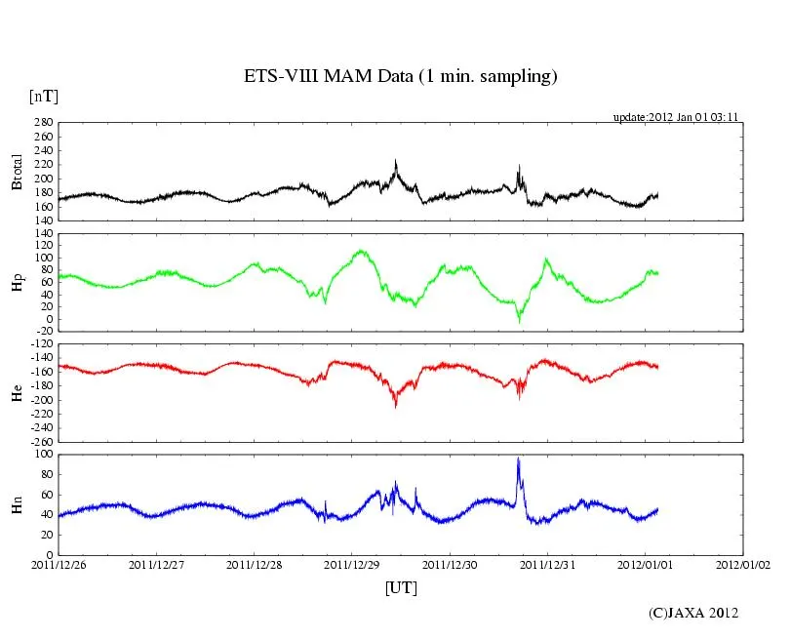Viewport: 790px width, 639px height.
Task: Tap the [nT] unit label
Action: tap(43, 97)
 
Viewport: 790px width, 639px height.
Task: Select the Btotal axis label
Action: tap(18, 172)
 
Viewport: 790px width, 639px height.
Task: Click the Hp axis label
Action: tap(18, 282)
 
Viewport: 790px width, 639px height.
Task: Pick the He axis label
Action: tap(18, 391)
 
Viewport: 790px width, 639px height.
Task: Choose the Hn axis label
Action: tap(18, 503)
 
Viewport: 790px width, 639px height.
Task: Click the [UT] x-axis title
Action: tap(401, 587)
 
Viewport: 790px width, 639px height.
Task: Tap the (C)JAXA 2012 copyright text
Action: tap(693, 613)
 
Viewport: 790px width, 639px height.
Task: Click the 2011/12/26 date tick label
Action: tap(59, 564)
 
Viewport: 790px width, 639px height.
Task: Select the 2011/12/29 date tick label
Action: tap(352, 564)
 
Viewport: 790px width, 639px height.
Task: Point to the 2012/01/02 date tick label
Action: tap(743, 564)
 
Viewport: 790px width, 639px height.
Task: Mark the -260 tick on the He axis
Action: tap(42, 441)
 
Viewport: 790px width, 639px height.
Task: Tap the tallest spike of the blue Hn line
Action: tap(518, 459)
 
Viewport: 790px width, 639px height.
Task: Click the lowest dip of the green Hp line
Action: tap(520, 321)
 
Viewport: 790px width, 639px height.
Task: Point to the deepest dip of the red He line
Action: tap(395, 405)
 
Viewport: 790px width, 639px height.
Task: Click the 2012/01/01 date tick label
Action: tap(645, 564)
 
